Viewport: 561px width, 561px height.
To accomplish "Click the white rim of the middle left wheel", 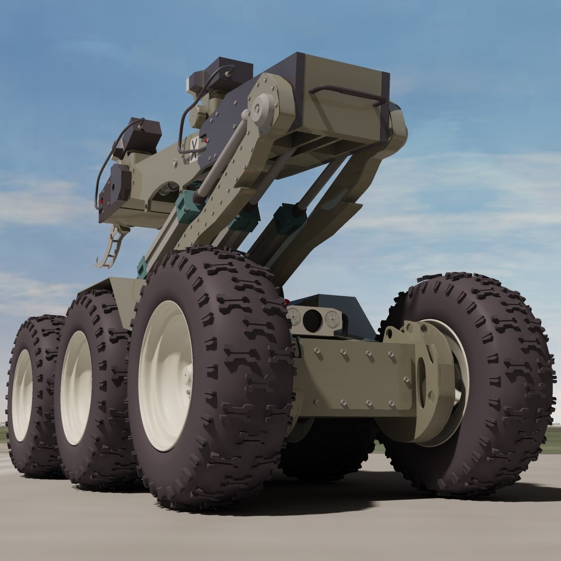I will (x=76, y=387).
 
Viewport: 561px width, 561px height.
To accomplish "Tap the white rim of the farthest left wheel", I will (x=22, y=395).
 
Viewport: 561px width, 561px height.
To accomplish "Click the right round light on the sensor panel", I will (x=332, y=319).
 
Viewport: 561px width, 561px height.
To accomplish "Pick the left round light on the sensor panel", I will (x=294, y=316).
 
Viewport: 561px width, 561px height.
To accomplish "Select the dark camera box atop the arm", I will (x=221, y=75).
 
